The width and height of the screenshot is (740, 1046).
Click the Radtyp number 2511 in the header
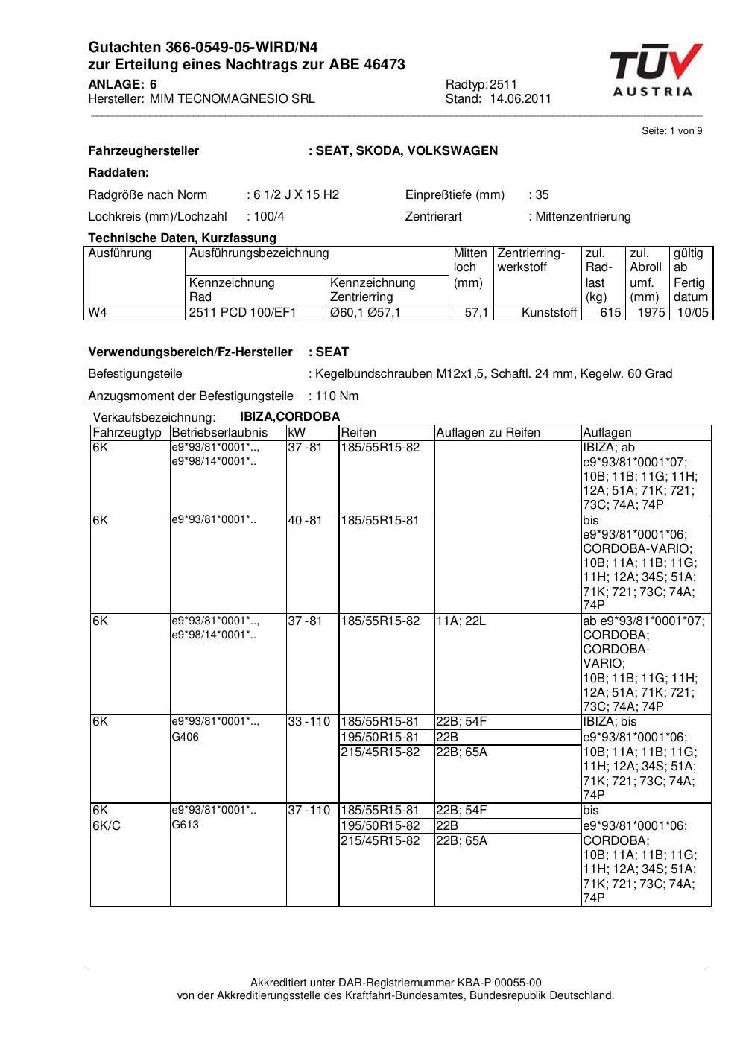503,84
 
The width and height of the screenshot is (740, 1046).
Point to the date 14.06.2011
520,98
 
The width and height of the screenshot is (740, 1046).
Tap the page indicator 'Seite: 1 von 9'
671,131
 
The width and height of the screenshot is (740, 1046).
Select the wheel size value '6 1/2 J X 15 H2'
296,195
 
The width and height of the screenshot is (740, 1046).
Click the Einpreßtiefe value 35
542,195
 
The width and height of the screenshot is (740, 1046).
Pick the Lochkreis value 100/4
268,217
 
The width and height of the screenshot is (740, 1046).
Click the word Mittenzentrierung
583,217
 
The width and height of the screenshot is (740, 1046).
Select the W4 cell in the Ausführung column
98,313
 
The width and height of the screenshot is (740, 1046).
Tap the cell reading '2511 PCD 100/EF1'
242,313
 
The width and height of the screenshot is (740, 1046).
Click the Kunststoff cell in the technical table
548,313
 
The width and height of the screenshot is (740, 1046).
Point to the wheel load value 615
610,313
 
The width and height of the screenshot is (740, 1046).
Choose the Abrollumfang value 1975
651,313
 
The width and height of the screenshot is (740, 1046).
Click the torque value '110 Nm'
337,396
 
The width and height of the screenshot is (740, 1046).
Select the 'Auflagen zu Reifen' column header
488,433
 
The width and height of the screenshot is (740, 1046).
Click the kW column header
297,433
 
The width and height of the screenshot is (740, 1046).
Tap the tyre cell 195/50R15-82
380,825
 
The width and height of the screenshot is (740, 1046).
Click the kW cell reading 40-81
306,521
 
